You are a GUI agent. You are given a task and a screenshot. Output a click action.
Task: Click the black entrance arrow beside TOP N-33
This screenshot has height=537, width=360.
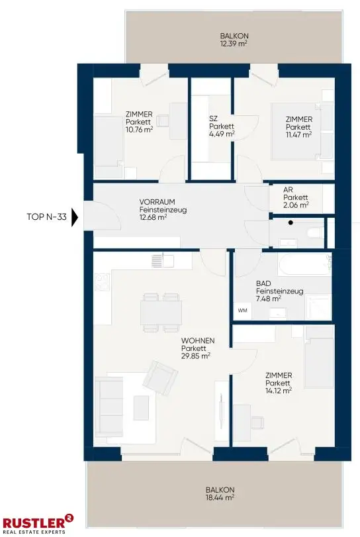point(75,217)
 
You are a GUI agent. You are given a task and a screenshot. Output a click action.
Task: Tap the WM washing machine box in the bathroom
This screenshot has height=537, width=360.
point(243,311)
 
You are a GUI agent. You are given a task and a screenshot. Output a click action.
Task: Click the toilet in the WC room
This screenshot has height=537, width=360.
point(315,233)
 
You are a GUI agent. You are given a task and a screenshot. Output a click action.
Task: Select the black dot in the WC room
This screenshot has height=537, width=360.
point(291,222)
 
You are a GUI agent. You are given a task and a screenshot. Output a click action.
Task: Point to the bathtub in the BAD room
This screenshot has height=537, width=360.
point(304,264)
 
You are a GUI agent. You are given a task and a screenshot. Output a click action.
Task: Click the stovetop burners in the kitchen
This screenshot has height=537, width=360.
point(103,282)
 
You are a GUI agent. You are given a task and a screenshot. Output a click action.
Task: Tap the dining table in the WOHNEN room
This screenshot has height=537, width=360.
point(161,313)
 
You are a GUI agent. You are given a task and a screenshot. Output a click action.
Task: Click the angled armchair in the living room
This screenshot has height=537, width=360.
point(160,378)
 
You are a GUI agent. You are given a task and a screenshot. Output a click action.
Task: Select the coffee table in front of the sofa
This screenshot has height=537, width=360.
point(141,407)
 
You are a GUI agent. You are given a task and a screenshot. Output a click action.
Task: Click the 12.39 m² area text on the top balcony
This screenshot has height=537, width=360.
point(234,44)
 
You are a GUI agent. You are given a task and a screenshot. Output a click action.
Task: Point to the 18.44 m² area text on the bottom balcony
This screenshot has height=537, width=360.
point(220,497)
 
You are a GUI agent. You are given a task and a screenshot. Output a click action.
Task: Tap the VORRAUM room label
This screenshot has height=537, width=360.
point(157,202)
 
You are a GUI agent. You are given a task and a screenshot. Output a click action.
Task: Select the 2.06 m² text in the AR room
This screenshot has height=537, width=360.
point(296,205)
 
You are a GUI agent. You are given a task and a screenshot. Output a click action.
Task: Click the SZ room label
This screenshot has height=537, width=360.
point(213,119)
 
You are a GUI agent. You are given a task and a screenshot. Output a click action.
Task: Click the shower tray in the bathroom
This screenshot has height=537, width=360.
point(318,307)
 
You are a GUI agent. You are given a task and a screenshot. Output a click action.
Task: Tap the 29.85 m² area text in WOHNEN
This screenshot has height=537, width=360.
point(195,356)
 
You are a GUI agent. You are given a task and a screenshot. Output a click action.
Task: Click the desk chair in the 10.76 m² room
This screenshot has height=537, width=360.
point(163,121)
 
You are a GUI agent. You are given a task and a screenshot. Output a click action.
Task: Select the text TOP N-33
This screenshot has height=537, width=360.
point(46,217)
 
